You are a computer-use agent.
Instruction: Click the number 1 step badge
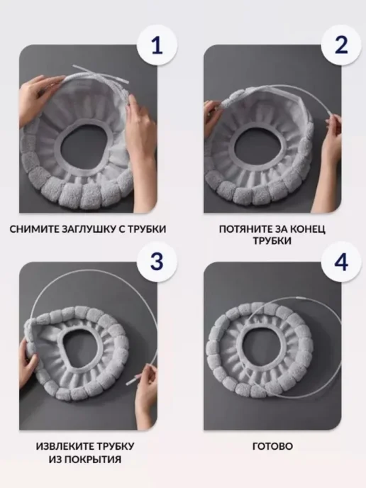coord(157,45)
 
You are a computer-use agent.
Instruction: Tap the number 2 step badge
coord(341,45)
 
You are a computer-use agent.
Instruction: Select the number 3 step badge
coord(157,262)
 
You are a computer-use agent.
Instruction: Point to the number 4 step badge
coord(341,262)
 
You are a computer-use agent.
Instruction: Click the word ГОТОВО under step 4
coord(272,446)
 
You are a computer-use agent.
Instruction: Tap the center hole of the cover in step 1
coord(83,148)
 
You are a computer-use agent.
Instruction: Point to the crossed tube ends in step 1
coord(94,74)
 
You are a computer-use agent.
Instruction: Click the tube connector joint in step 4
coord(299,299)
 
